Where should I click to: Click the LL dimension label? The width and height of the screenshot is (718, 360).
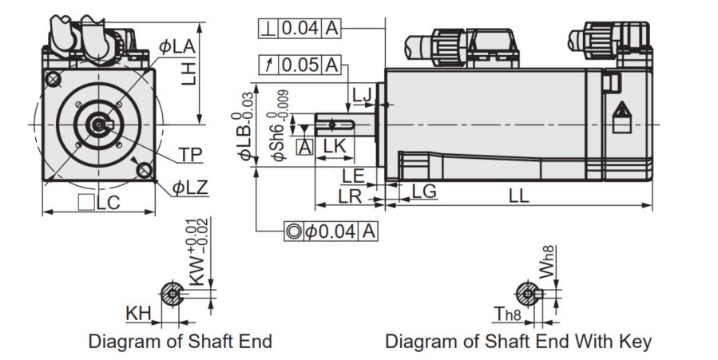[519, 196]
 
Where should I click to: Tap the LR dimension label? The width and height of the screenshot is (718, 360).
[351, 196]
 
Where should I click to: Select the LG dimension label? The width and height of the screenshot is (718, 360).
[424, 192]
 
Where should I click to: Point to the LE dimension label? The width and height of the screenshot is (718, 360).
[353, 176]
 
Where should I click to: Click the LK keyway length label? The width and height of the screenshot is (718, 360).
[335, 146]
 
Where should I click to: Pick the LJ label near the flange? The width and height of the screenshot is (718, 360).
[362, 95]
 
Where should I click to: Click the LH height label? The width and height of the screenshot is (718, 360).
[188, 73]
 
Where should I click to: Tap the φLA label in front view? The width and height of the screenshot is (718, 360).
[177, 46]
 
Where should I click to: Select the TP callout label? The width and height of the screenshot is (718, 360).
[191, 155]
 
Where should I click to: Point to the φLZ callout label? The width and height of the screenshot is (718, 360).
[190, 187]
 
